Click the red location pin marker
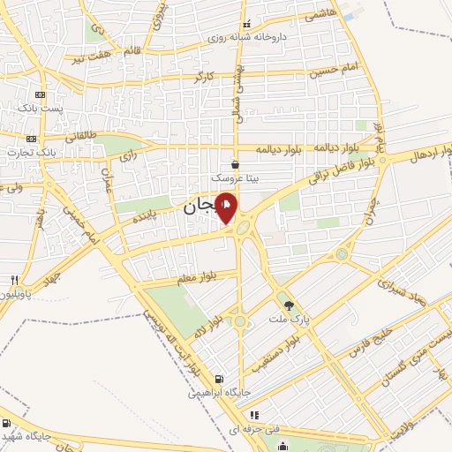pyautogui.click(x=227, y=208)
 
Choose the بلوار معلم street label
pyautogui.click(x=207, y=279)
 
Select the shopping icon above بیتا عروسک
pyautogui.click(x=234, y=164)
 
